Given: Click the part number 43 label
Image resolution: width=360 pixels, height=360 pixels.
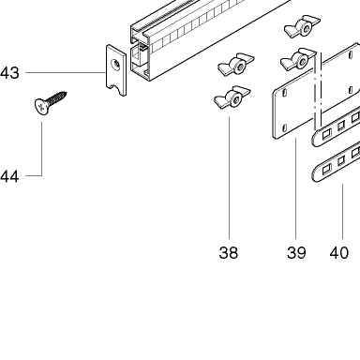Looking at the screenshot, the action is [x=9, y=73].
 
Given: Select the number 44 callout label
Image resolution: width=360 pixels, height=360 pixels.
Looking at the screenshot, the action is [x=9, y=176].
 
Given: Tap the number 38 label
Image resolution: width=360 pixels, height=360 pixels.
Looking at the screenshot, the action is [x=229, y=252].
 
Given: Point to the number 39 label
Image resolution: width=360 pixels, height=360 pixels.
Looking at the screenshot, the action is [x=296, y=252].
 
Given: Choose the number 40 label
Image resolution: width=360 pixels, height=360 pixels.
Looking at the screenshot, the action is [x=339, y=252].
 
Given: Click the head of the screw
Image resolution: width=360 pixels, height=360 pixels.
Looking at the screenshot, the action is [x=41, y=107].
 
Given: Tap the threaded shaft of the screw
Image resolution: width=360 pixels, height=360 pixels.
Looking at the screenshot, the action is [x=58, y=97].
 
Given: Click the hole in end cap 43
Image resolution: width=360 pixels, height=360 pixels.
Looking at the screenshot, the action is [x=116, y=65].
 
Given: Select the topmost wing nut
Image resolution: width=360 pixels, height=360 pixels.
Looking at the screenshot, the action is [x=302, y=26].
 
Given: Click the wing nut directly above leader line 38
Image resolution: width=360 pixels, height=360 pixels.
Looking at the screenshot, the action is [x=232, y=97].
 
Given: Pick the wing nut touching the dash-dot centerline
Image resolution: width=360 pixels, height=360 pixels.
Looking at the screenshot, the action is [x=298, y=59].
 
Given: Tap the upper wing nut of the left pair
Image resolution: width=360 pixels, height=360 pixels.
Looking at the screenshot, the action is [x=236, y=64].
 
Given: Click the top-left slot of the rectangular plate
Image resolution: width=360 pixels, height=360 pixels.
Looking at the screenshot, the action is [x=284, y=92].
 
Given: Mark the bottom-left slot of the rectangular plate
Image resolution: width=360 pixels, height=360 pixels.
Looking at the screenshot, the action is [x=284, y=127].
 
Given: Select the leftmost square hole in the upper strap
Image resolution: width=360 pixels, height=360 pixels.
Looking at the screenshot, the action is [x=326, y=134].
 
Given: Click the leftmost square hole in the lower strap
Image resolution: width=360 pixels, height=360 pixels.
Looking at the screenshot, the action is [x=326, y=170].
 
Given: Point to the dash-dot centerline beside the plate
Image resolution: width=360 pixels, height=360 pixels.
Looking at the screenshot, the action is [x=318, y=91].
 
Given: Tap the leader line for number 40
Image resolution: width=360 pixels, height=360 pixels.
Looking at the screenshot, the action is [x=343, y=211].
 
